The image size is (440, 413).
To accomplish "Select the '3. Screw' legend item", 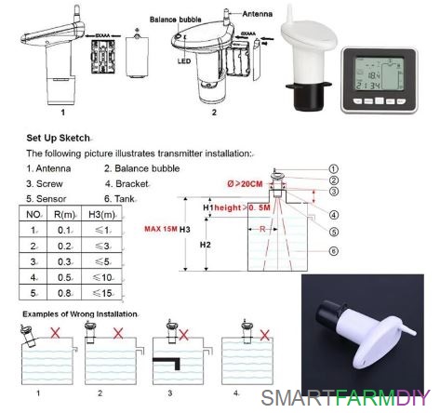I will (x=44, y=183).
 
